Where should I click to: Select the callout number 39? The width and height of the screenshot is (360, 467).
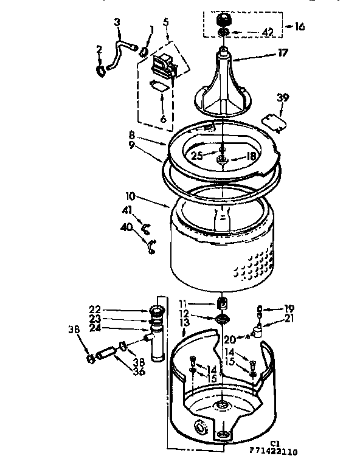[282, 97]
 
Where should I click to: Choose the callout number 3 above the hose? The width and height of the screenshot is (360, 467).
[118, 22]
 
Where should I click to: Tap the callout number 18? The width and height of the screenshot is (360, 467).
[251, 156]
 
